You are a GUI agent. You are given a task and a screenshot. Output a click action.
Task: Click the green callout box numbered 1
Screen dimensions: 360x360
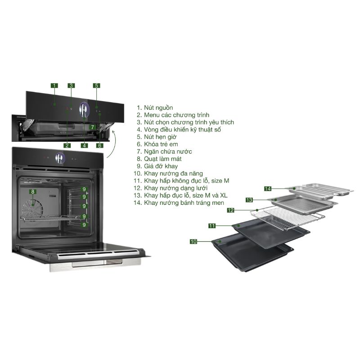click(x=54, y=85)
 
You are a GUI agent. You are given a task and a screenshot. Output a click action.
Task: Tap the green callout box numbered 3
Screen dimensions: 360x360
click(x=71, y=85)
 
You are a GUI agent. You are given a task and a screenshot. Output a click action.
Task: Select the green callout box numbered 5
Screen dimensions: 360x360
click(x=96, y=85)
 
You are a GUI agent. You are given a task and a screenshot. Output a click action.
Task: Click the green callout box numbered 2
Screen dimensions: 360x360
click(x=67, y=145)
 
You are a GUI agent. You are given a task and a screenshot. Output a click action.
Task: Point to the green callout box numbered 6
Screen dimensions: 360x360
click(x=99, y=145)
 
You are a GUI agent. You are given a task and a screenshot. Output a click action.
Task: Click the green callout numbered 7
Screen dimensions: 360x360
click(x=92, y=127)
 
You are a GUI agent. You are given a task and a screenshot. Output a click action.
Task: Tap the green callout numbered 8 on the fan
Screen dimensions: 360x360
click(x=32, y=191)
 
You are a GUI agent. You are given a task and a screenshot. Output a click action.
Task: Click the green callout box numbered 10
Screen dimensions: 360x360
click(x=193, y=242)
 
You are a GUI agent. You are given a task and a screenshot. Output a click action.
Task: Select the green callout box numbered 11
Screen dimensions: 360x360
click(x=212, y=225)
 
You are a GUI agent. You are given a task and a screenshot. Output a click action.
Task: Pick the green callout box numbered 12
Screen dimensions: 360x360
click(x=230, y=210)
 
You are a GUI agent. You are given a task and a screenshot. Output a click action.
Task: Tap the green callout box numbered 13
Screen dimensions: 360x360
click(x=249, y=199)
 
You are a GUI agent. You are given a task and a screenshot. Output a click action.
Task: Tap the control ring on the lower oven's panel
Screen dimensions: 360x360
click(x=59, y=158)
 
